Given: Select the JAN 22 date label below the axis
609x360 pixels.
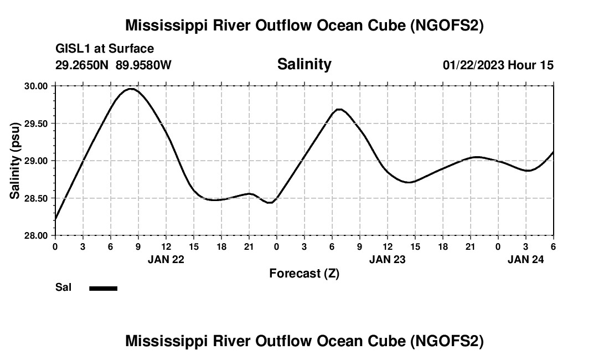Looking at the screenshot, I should [x=166, y=259].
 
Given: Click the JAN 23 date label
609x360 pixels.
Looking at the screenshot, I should [x=388, y=259].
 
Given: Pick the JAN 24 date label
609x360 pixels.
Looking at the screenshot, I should [x=526, y=259].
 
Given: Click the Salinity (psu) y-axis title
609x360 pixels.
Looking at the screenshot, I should [x=15, y=161].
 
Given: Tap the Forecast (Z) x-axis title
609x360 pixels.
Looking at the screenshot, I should [x=304, y=273].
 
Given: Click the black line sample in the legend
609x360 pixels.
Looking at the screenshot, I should [x=104, y=288].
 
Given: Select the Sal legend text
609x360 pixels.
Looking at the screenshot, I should [x=63, y=287].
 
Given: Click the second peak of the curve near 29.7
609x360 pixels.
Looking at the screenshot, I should [x=339, y=109].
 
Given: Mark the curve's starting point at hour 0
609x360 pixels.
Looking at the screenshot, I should [x=55, y=219].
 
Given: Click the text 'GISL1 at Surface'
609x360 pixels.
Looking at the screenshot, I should [x=105, y=49].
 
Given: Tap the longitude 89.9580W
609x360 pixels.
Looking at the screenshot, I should [x=143, y=65].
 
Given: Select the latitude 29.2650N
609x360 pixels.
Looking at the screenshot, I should [x=82, y=65].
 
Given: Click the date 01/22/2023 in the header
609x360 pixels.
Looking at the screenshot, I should [x=473, y=65].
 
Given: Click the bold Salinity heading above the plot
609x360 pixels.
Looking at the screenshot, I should [x=304, y=64].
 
